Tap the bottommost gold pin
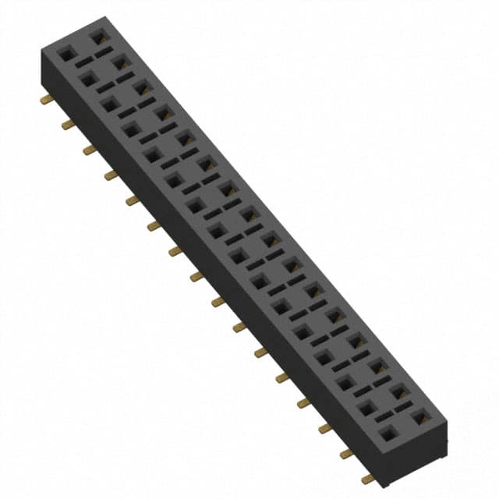point(367,479)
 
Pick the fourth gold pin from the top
point(111,175)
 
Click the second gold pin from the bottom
point(345,453)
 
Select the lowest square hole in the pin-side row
point(385,430)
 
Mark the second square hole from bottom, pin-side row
point(364,405)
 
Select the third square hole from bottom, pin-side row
point(343,381)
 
